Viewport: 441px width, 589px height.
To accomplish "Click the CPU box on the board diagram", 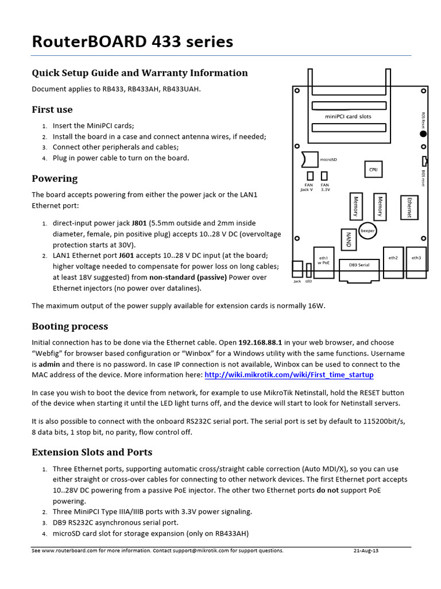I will tap(373, 169).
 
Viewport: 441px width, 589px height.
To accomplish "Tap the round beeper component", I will tap(367, 230).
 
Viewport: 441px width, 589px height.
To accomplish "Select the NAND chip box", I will tap(347, 239).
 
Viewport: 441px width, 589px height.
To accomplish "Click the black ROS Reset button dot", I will tap(423, 133).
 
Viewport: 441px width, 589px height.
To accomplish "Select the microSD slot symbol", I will tap(308, 159).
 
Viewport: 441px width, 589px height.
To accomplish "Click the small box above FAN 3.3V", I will tap(324, 176).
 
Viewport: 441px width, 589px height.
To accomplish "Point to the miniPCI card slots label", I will tap(348, 116).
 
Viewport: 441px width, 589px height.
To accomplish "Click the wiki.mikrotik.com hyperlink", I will tap(289, 374).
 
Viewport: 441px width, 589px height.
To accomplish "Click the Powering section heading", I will tap(55, 178).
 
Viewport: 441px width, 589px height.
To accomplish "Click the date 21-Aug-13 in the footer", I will tap(366, 550).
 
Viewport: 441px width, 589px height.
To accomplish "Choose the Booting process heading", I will tap(69, 326).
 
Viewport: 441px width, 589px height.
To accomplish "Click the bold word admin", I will tap(49, 364).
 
